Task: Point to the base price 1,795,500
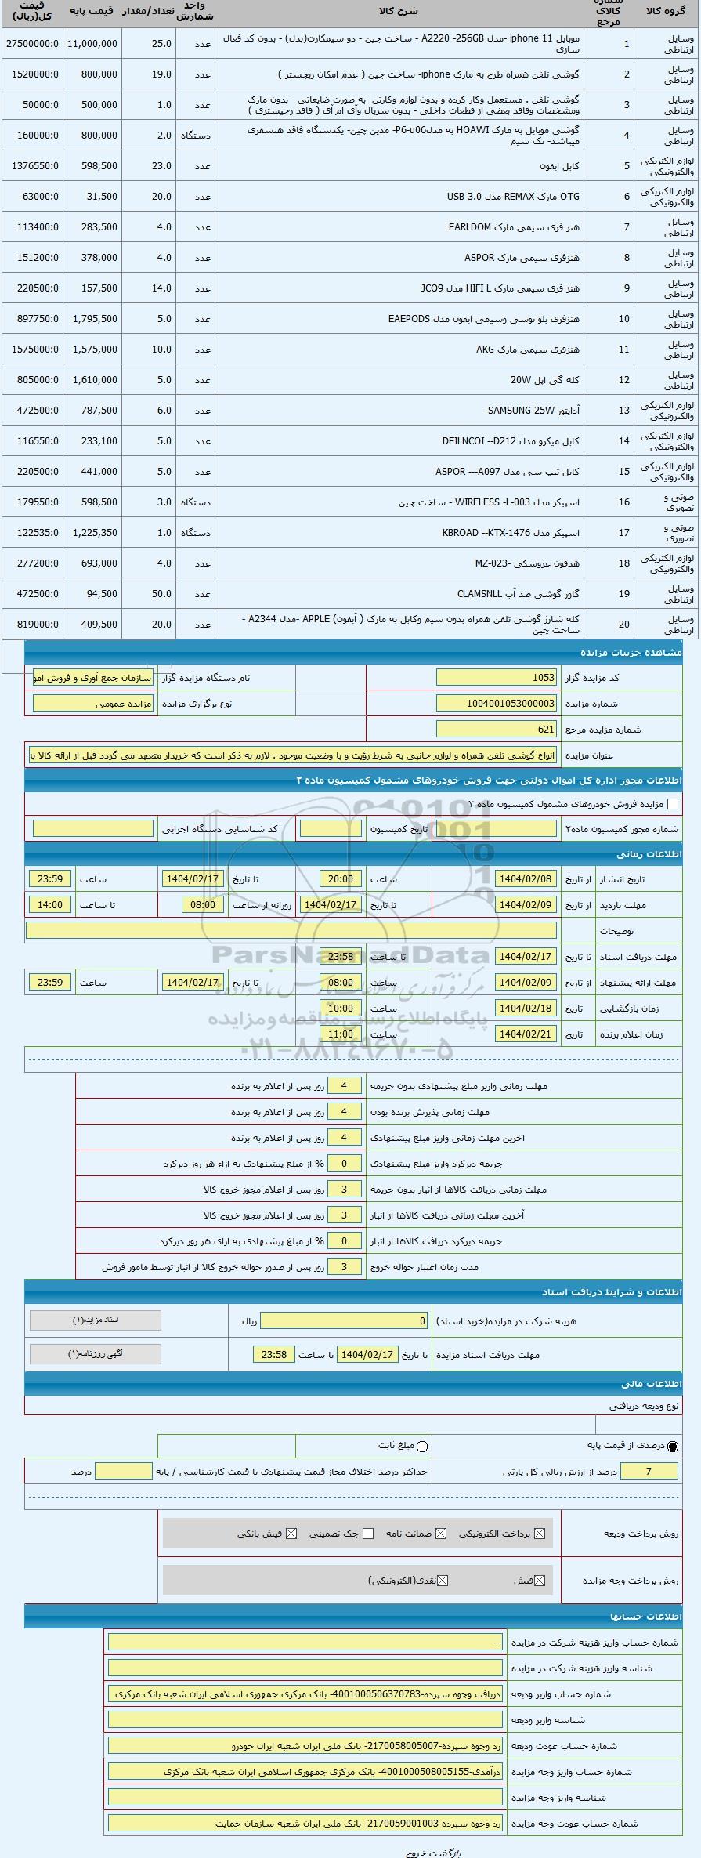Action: coord(93,319)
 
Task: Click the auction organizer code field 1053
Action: coord(496,678)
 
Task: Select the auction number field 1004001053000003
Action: coord(496,704)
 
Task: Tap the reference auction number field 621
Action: coord(496,730)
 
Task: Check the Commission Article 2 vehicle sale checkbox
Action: coord(672,804)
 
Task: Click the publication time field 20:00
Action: coord(340,879)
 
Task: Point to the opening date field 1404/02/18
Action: coord(525,1009)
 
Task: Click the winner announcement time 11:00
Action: coord(340,1034)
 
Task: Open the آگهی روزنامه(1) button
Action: coord(95,1353)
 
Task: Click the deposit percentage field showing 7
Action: coord(648,1472)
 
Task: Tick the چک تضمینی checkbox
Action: coord(368,1534)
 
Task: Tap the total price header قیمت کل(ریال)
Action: coord(32,13)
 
